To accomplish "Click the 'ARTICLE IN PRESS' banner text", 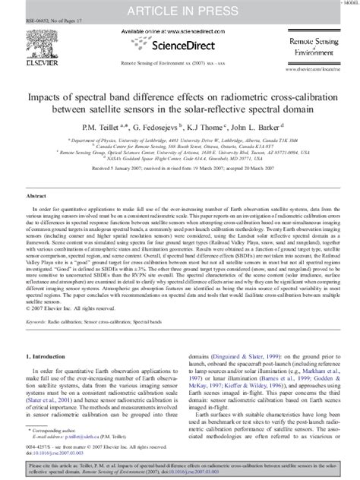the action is pos(179,10).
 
